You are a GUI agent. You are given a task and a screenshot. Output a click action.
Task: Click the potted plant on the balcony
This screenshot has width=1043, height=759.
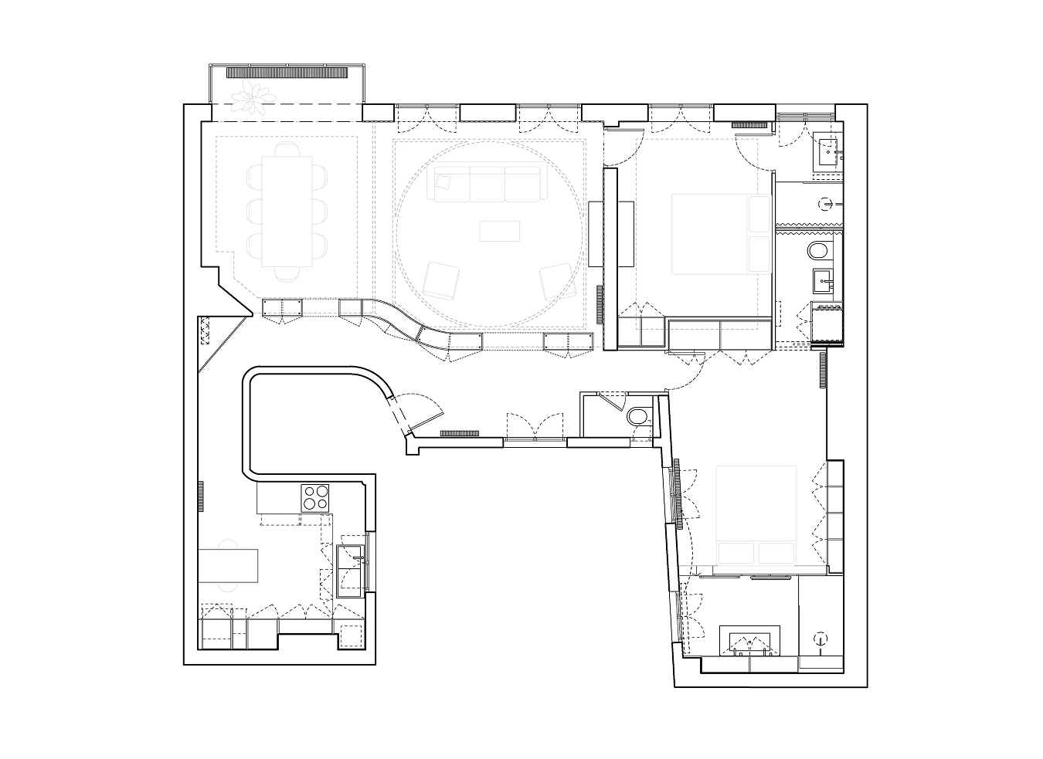[x=253, y=97]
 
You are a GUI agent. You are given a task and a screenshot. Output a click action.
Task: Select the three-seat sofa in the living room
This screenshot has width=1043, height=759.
[x=488, y=184]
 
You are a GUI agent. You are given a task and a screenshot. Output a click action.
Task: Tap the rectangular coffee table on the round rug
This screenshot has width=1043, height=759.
[x=499, y=231]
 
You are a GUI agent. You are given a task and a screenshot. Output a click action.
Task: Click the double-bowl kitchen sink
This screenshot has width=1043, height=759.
[x=352, y=570]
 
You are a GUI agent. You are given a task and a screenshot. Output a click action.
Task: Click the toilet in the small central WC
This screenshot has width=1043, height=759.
[x=638, y=417]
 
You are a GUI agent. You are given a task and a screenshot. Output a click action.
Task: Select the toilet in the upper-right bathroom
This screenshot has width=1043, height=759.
[x=818, y=250]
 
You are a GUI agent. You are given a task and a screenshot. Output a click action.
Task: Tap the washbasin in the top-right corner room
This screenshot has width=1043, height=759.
[x=830, y=152]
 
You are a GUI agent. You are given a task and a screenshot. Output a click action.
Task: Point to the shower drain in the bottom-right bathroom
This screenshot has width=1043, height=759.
[x=820, y=638]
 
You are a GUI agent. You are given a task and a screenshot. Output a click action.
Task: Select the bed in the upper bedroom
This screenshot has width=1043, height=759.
[x=721, y=234]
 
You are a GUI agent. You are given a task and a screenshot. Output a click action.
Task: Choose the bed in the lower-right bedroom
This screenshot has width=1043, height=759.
[x=756, y=514]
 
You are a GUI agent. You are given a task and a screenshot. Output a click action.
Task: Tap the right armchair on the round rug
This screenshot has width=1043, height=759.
[x=555, y=282]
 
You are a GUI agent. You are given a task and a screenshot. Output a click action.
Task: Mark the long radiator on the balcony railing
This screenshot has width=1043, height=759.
[x=286, y=73]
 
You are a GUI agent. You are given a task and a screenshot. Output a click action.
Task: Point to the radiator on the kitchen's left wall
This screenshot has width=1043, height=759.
[x=200, y=496]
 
